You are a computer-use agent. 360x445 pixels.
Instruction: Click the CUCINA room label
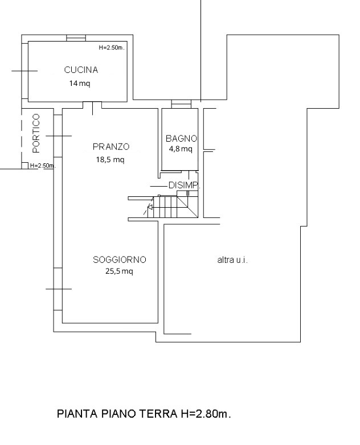point(81,70)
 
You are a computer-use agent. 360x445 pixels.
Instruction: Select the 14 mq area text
point(80,83)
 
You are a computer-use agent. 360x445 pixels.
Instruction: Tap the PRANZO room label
point(111,146)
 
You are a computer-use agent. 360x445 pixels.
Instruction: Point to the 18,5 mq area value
point(110,160)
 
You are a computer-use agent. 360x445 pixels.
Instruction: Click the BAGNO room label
point(181,138)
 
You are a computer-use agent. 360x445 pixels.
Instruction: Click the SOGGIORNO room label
point(120,259)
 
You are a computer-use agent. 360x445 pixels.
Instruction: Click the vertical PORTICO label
point(36,134)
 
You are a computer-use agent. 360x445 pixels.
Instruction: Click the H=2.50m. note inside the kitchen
point(111,48)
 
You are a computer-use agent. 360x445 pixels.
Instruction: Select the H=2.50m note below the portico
point(42,166)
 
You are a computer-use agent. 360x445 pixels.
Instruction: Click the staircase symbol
point(173,206)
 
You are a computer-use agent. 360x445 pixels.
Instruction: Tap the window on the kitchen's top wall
point(76,38)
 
